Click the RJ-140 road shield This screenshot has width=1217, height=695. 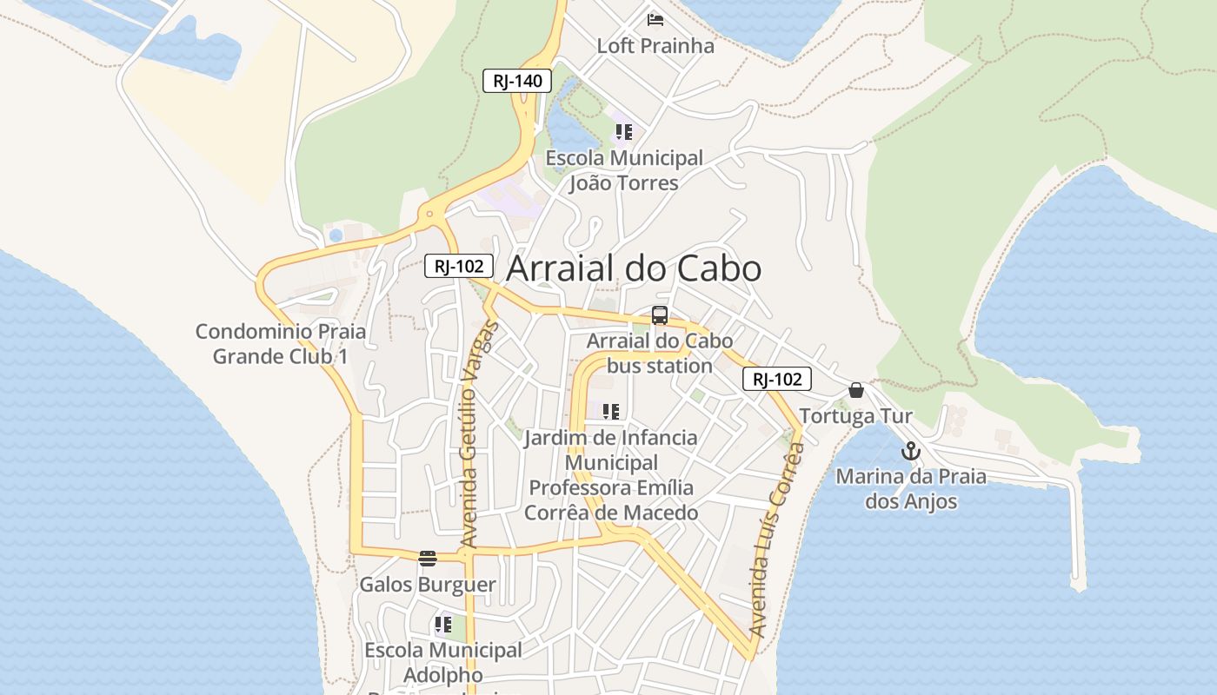pyautogui.click(x=517, y=81)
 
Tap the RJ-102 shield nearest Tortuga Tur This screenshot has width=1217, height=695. pyautogui.click(x=776, y=379)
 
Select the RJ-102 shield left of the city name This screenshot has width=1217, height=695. pyautogui.click(x=459, y=266)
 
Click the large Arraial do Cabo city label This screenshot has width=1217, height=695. pyautogui.click(x=634, y=268)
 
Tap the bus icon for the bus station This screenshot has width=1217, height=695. pyautogui.click(x=660, y=315)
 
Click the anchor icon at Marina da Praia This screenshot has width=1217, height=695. pyautogui.click(x=910, y=451)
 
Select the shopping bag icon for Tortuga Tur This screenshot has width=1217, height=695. pyautogui.click(x=856, y=390)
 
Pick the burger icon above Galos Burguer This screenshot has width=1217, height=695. pyautogui.click(x=427, y=558)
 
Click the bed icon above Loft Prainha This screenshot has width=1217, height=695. pyautogui.click(x=655, y=19)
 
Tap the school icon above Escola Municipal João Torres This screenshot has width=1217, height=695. pyautogui.click(x=623, y=132)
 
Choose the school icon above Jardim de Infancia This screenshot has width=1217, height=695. pyautogui.click(x=610, y=411)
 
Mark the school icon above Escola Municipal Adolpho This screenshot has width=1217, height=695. pyautogui.click(x=442, y=624)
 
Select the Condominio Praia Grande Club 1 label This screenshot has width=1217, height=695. pyautogui.click(x=281, y=344)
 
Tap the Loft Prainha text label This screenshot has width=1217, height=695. pyautogui.click(x=655, y=46)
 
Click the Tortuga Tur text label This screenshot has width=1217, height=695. pyautogui.click(x=856, y=416)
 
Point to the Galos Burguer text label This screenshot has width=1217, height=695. pyautogui.click(x=428, y=585)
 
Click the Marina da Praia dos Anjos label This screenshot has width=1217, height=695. pyautogui.click(x=911, y=489)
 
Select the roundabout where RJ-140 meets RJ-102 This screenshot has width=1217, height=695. pyautogui.click(x=428, y=214)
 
